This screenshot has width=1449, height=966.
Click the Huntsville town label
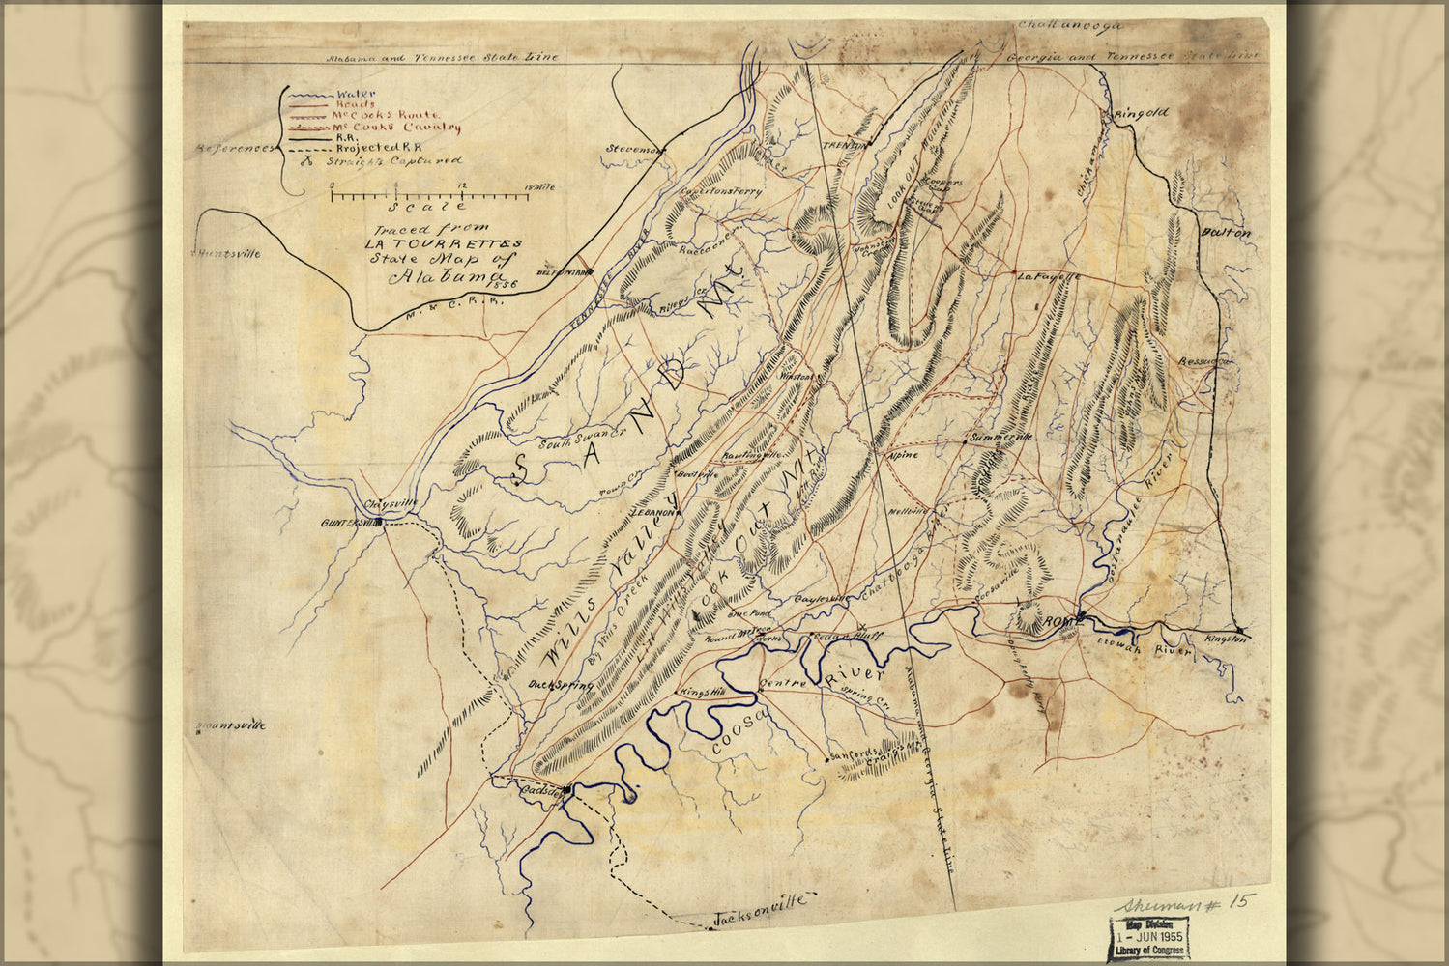click(x=229, y=254)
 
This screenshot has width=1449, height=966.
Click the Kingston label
click(x=1227, y=639)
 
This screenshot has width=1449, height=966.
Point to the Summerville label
click(x=1001, y=438)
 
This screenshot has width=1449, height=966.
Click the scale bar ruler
click(x=429, y=196)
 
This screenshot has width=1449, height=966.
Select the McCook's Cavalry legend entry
click(x=396, y=127)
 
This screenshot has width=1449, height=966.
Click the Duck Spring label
click(x=560, y=685)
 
